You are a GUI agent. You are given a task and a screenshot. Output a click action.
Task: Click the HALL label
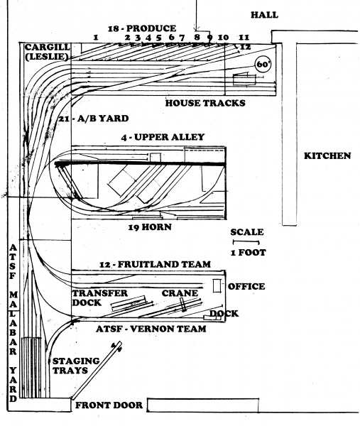[x=264, y=15]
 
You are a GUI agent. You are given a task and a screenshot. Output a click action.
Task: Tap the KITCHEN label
[x=327, y=155]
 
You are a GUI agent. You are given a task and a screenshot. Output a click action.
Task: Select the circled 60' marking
[x=263, y=65]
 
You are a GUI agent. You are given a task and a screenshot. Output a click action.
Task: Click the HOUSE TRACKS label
[x=205, y=103]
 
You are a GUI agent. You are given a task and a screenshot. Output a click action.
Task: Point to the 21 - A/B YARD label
[x=94, y=119]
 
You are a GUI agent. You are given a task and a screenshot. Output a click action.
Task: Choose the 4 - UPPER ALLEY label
[x=163, y=137]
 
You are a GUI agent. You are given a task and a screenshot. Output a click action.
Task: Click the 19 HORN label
[x=150, y=227]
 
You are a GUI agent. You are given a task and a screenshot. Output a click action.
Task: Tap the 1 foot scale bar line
[x=246, y=241]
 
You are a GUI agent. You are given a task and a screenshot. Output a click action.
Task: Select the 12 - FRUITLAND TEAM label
[x=155, y=264]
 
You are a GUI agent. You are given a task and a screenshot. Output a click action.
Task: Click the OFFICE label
[x=246, y=286]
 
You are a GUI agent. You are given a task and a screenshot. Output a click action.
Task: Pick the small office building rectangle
[x=217, y=286]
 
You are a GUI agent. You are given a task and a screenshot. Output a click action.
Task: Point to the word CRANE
[x=180, y=293]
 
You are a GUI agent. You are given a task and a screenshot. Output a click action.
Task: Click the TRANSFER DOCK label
[x=99, y=297]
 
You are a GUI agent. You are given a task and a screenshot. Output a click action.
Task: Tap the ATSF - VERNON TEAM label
[x=151, y=329]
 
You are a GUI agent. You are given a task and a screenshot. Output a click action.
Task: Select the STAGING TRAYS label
[x=76, y=366]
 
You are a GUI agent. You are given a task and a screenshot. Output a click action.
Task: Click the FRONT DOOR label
[x=109, y=405]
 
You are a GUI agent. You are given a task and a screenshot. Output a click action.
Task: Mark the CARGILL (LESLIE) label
[x=47, y=52]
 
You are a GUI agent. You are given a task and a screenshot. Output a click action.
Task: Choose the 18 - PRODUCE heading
[x=142, y=28]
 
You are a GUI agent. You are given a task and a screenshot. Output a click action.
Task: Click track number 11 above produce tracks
[x=244, y=37]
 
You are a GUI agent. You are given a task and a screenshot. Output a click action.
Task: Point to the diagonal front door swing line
[x=97, y=371]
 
